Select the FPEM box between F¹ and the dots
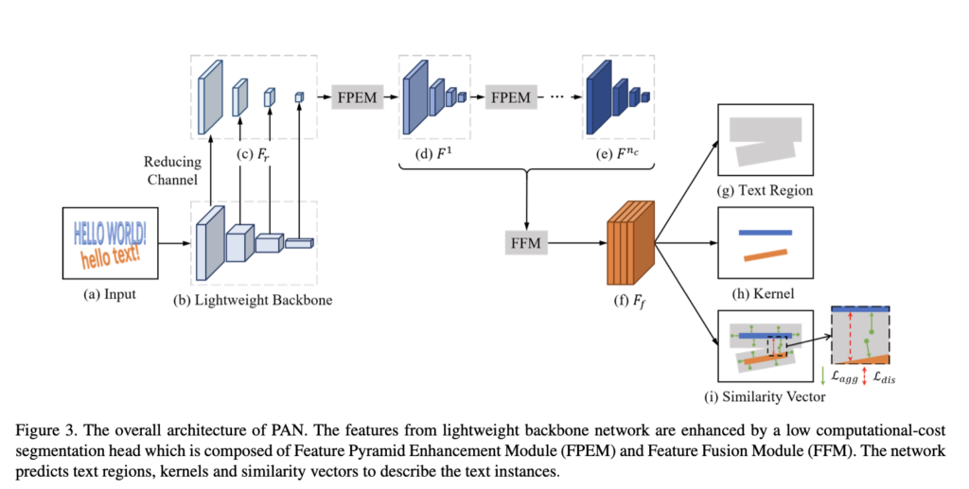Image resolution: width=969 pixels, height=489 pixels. click(511, 97)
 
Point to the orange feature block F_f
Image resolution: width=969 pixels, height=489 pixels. click(630, 243)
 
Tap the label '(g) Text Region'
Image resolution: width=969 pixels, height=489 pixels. click(766, 190)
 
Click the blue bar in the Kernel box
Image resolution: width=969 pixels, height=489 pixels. click(764, 232)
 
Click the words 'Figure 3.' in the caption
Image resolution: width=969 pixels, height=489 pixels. click(44, 428)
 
